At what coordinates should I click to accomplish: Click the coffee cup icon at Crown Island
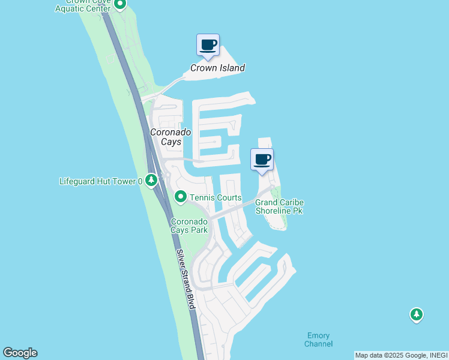click(208, 46)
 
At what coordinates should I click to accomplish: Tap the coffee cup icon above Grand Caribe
click(262, 160)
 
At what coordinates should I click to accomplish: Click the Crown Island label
click(217, 68)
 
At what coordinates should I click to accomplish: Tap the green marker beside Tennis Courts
click(180, 197)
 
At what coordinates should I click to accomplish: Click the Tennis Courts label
click(215, 197)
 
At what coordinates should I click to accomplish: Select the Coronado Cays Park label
click(190, 226)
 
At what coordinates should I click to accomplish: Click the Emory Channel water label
click(318, 340)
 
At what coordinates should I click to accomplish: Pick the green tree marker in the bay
click(417, 314)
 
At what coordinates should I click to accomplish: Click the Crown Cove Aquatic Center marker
click(119, 5)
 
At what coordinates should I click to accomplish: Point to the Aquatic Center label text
click(83, 8)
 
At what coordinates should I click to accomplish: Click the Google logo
click(20, 353)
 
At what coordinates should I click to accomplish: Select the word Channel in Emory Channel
click(318, 344)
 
